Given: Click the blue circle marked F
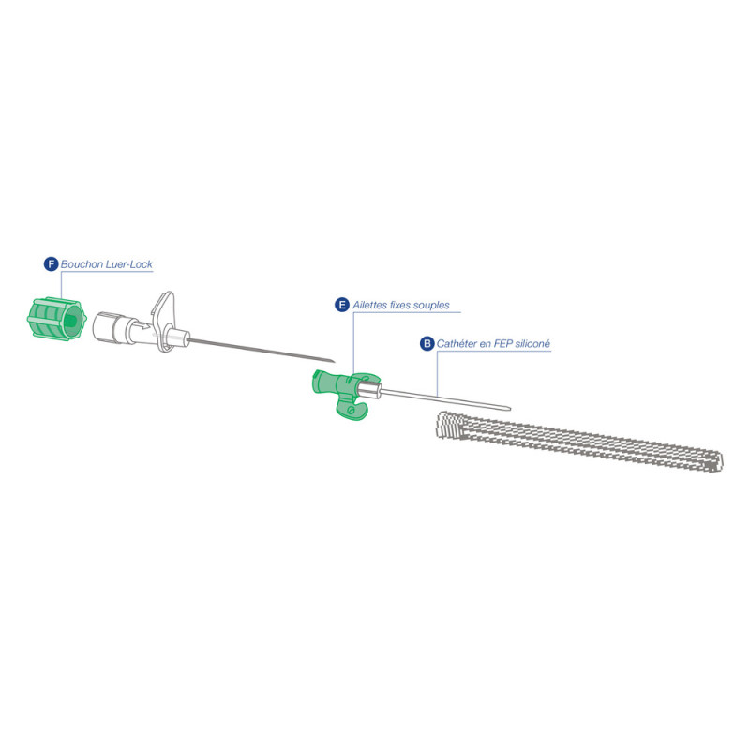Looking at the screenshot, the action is pos(51,264).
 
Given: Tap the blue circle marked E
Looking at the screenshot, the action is pos(342,305).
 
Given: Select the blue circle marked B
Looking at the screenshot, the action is pos(427,343).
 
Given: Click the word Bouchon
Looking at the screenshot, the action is pos(82,264).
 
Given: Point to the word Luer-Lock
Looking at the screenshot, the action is pos(129,264).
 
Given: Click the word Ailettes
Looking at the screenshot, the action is pos(369,305).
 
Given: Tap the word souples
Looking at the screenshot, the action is pos(432,306).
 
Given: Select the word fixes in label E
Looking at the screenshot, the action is pos(400,305).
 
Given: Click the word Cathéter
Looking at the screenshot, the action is pos(457,343).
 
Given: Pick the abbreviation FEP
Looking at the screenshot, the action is pos(503,343).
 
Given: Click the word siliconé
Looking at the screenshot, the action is pos(533,343).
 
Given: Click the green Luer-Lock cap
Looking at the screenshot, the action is pos(56,319).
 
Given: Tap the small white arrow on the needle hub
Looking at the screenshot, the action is pos(143,327).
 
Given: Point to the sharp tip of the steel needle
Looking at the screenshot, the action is pos(334,362).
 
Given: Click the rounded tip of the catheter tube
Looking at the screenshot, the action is pos(509,409).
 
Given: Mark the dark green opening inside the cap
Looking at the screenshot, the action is pos(71,319).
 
